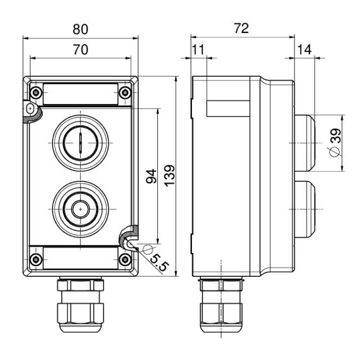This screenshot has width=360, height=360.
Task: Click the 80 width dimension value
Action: point(81,28)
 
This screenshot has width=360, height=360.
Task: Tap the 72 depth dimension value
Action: point(242,28)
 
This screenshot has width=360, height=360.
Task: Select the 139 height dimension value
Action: point(170,175)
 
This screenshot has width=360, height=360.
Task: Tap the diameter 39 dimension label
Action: point(335,143)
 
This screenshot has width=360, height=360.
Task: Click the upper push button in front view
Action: point(80,143)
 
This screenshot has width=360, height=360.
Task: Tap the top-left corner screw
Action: point(35,92)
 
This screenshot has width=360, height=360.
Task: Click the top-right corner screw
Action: point(125,92)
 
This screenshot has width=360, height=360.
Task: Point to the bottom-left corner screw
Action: point(35,260)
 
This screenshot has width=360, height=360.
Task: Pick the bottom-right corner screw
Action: point(125,260)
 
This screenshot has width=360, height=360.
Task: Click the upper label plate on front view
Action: point(80,94)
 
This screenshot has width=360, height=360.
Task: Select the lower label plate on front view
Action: point(80,258)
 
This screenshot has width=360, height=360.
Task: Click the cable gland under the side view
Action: point(221,307)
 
